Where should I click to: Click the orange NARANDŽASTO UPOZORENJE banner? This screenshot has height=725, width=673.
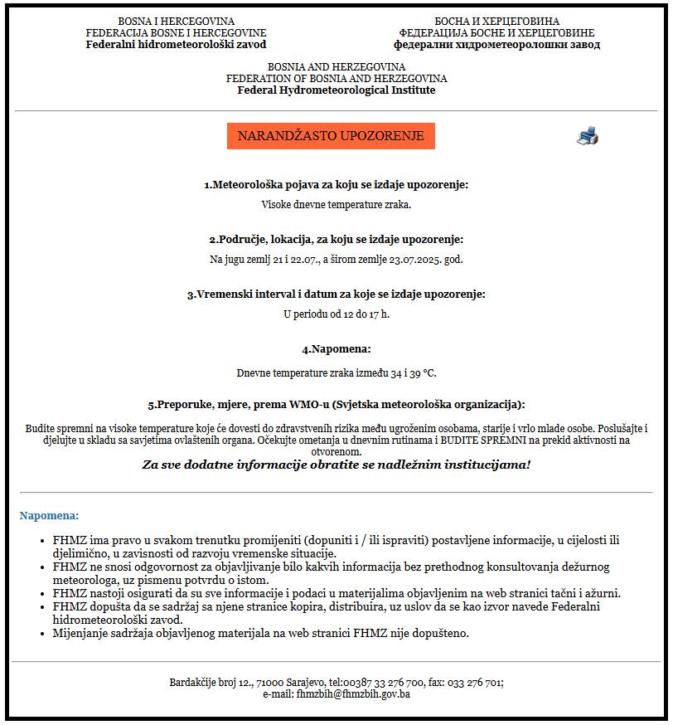[x=331, y=136]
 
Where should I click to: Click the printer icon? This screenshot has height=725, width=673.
[x=587, y=136]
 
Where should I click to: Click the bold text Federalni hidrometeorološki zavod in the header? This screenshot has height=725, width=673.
[x=176, y=45]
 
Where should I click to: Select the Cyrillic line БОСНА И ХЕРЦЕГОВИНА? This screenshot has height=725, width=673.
[x=496, y=22]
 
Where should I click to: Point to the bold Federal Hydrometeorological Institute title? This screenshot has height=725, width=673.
[x=336, y=90]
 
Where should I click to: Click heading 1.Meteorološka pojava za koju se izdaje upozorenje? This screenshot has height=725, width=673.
[x=336, y=184]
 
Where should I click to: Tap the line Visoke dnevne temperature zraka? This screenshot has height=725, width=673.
[x=336, y=203]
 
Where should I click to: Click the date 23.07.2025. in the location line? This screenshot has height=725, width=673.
[x=412, y=259]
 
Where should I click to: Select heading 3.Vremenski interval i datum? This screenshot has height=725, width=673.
[x=336, y=294]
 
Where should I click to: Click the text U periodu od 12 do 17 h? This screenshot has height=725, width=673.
[x=336, y=314]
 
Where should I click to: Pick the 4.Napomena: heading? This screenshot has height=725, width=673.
[x=336, y=349]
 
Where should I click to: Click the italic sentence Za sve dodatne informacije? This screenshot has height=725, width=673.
[x=336, y=465]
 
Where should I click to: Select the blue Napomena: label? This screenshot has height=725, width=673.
[x=49, y=515]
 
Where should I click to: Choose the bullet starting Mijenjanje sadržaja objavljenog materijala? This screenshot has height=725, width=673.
[x=260, y=634]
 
